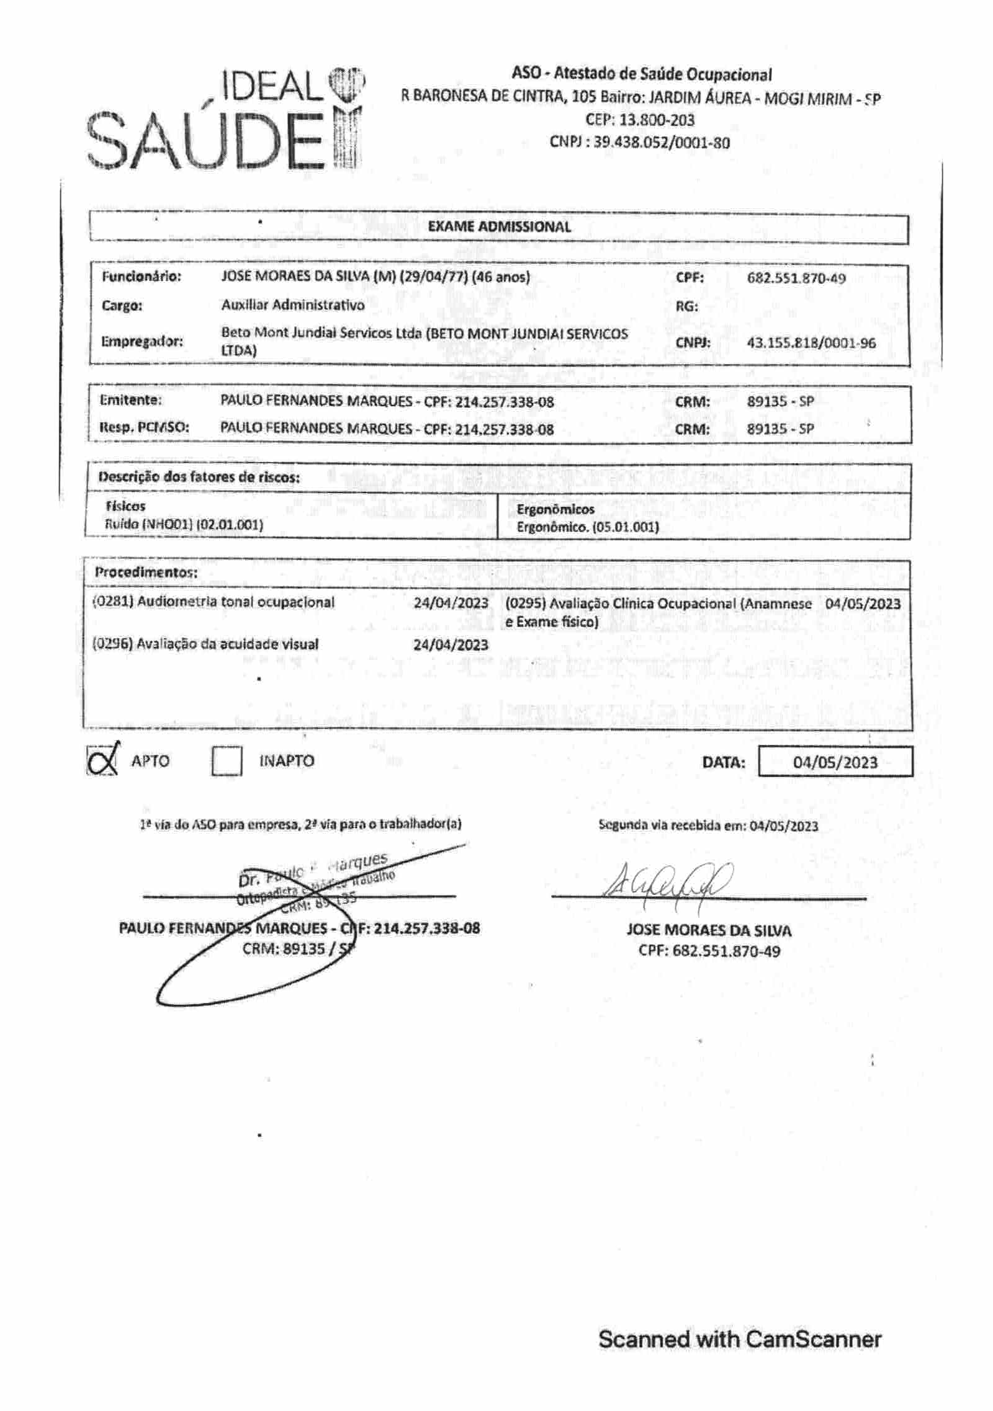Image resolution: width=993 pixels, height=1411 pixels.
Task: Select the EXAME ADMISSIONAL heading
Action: (499, 227)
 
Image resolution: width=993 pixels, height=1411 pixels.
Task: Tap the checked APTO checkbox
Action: (102, 759)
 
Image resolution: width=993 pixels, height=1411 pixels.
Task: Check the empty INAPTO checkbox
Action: (227, 760)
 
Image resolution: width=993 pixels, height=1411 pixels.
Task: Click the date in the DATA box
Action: (835, 762)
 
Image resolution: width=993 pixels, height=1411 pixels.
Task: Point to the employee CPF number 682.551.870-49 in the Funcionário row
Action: (796, 278)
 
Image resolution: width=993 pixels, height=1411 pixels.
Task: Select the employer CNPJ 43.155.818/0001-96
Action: (811, 342)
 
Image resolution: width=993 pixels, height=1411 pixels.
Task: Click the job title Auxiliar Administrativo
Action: (293, 305)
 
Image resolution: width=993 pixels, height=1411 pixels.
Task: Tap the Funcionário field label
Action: (142, 277)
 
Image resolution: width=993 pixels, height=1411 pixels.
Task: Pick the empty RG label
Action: (686, 306)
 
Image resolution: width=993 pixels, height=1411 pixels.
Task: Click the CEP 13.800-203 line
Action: (639, 120)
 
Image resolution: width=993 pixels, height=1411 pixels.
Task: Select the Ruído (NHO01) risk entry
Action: (184, 525)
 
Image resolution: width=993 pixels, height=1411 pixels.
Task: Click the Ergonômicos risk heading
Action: (555, 509)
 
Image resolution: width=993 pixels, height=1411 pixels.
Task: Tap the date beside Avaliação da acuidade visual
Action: (451, 645)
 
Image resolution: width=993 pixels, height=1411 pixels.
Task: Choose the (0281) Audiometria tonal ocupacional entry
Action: (213, 602)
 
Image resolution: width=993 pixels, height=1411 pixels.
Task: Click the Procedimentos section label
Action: (146, 572)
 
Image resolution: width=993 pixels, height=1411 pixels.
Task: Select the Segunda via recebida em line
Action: (708, 826)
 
